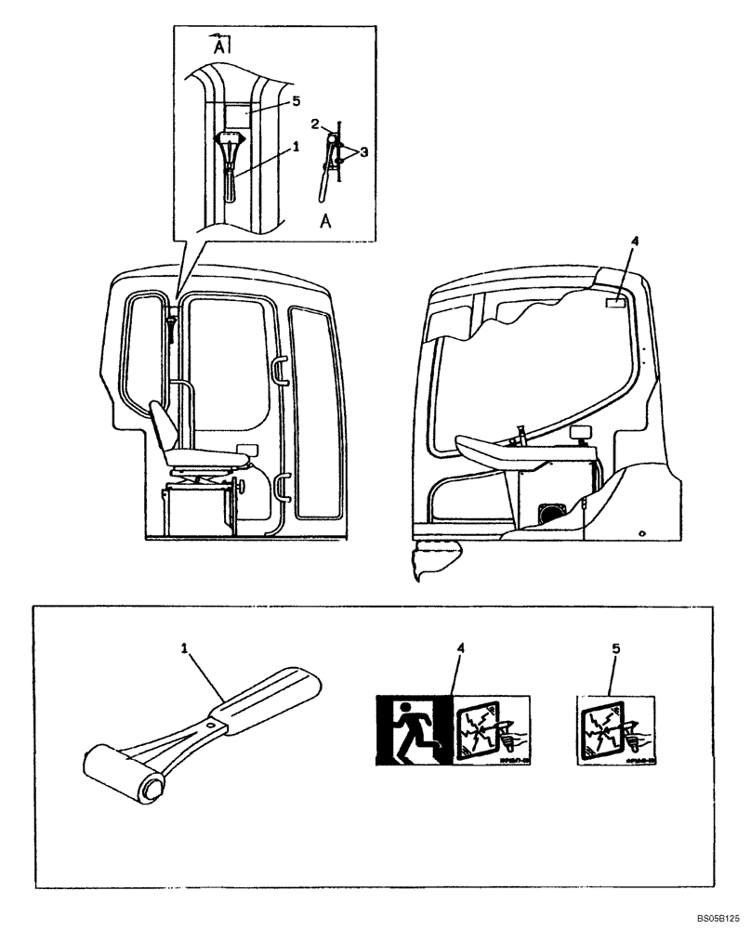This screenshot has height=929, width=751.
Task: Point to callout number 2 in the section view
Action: [x=315, y=124]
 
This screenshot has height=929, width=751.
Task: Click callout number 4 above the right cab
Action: [x=634, y=242]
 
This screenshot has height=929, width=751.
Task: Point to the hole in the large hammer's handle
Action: [x=213, y=724]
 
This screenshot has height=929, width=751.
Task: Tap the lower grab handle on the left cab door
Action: [x=283, y=486]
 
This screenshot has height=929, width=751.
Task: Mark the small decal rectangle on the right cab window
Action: [x=615, y=303]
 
